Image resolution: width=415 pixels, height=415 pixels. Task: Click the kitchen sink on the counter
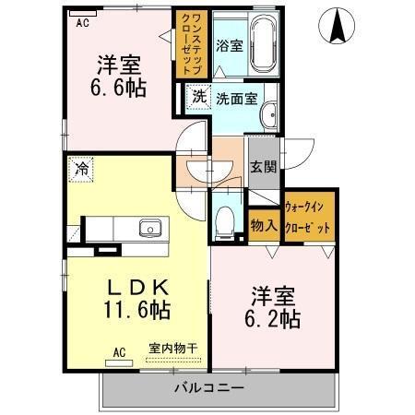tap(148, 228)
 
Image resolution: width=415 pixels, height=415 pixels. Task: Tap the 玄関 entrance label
tap(262, 168)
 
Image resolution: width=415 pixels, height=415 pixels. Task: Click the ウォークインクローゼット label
tap(307, 217)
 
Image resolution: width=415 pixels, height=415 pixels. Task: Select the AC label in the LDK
tap(119, 350)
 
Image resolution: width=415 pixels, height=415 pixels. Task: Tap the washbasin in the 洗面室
tap(269, 115)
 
